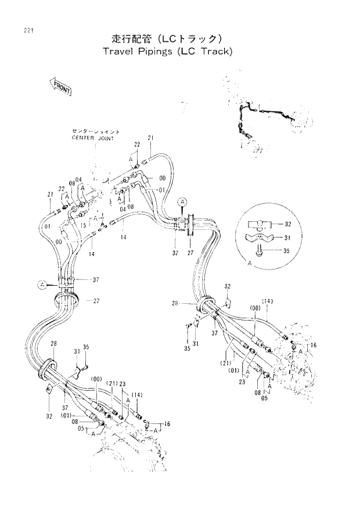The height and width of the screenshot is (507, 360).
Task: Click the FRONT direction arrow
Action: tap(59, 88)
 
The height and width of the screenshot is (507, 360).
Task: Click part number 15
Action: tap(83, 225)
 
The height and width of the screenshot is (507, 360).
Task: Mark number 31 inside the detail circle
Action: tap(288, 238)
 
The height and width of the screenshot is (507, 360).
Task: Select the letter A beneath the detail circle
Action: tap(249, 263)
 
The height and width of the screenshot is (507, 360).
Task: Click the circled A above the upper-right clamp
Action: tap(182, 202)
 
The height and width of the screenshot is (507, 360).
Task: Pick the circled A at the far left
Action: tap(42, 284)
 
